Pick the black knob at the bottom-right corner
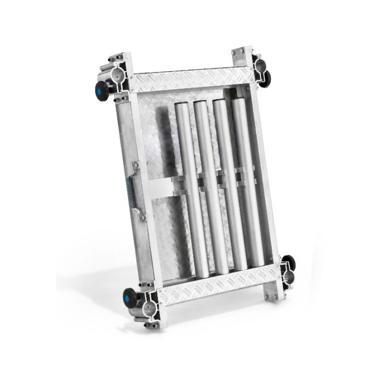(289, 263)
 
